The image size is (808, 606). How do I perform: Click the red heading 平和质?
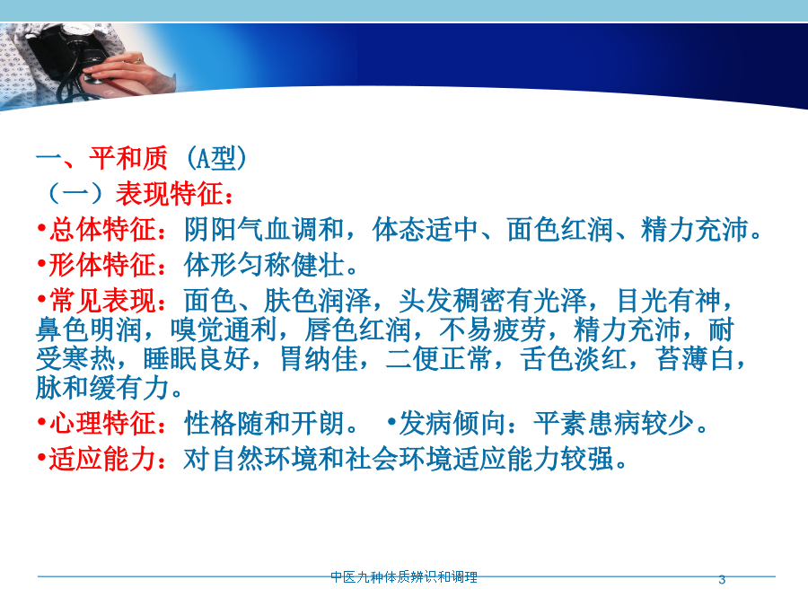128,158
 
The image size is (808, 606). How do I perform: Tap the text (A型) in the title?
215,158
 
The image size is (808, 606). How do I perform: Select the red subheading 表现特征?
170,193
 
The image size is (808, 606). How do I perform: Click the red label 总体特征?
102,229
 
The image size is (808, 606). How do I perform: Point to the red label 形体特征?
102,265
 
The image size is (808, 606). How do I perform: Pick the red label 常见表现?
102,301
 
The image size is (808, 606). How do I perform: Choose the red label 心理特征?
102,423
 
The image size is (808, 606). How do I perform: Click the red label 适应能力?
102,459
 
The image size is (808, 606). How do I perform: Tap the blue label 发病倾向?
452,423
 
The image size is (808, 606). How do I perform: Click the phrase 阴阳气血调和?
264,229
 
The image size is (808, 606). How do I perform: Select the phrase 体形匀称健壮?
264,265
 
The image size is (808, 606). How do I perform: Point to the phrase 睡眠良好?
197,358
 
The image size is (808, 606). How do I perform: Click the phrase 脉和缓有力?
102,388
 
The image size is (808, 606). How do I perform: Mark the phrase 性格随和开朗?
264,423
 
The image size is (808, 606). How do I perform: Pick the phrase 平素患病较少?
613,423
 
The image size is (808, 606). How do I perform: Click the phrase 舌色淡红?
573,358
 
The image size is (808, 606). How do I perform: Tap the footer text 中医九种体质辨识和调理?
404,577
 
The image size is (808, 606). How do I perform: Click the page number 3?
722,580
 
